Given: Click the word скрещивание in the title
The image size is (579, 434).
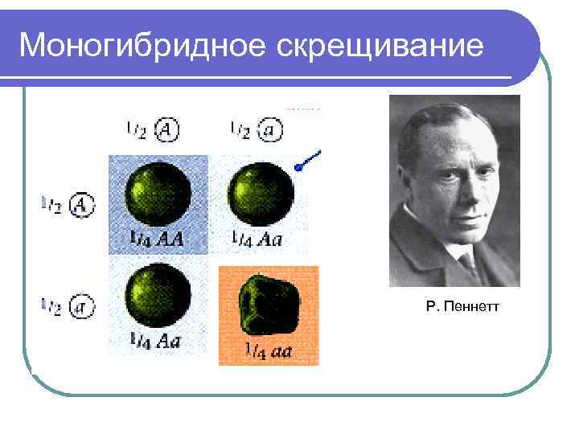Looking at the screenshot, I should [381, 46].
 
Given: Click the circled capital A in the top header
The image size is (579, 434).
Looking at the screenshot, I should [166, 129].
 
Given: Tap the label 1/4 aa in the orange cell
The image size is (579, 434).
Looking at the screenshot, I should [268, 350].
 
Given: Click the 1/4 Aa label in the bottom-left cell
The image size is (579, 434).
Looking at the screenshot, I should [156, 340].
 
